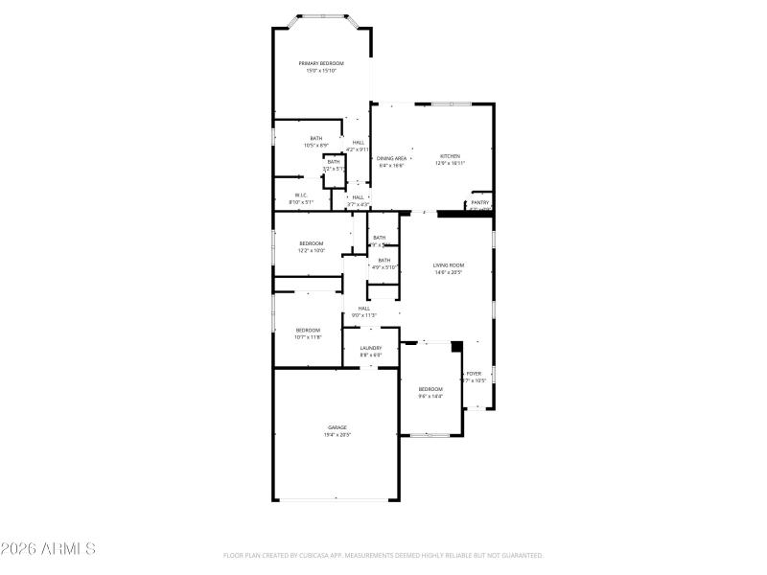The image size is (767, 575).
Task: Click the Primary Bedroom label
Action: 320,63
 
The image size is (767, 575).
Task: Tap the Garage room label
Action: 337,427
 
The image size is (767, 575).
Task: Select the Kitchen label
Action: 450,156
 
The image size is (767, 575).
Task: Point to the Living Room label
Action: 449,264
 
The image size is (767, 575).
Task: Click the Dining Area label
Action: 391,158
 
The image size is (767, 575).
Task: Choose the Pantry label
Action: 480,202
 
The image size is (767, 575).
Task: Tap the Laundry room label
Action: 371,348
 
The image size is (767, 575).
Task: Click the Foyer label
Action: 474,373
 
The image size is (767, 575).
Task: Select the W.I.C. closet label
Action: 301,195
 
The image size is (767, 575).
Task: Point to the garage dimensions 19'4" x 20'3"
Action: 337,435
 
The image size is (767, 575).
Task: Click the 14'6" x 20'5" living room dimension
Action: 449,272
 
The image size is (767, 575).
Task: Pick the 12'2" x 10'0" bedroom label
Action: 312,251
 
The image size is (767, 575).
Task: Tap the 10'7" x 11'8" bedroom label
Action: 308,337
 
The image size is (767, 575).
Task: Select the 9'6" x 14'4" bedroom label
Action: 430,396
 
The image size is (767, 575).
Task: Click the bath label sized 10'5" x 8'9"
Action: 316,146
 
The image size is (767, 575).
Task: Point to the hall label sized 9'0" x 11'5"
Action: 364,315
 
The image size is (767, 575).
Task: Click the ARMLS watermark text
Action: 48,549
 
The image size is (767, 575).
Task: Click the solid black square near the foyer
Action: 457,346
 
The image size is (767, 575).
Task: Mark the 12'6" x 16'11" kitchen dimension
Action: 450,164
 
